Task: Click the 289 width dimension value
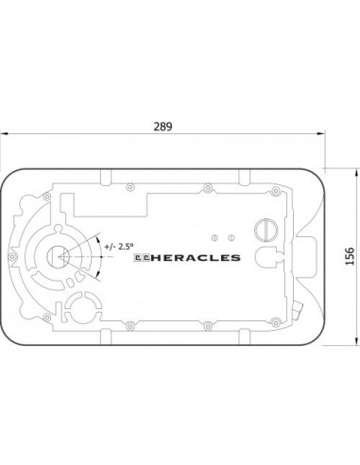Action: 163,127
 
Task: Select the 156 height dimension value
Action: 350,256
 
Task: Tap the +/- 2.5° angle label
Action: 119,246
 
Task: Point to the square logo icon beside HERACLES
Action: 142,258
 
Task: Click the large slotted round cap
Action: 266,230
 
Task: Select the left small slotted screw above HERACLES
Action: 214,237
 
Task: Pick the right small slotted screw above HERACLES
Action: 231,237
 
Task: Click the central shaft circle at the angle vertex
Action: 59,257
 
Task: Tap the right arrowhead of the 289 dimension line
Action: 321,134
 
